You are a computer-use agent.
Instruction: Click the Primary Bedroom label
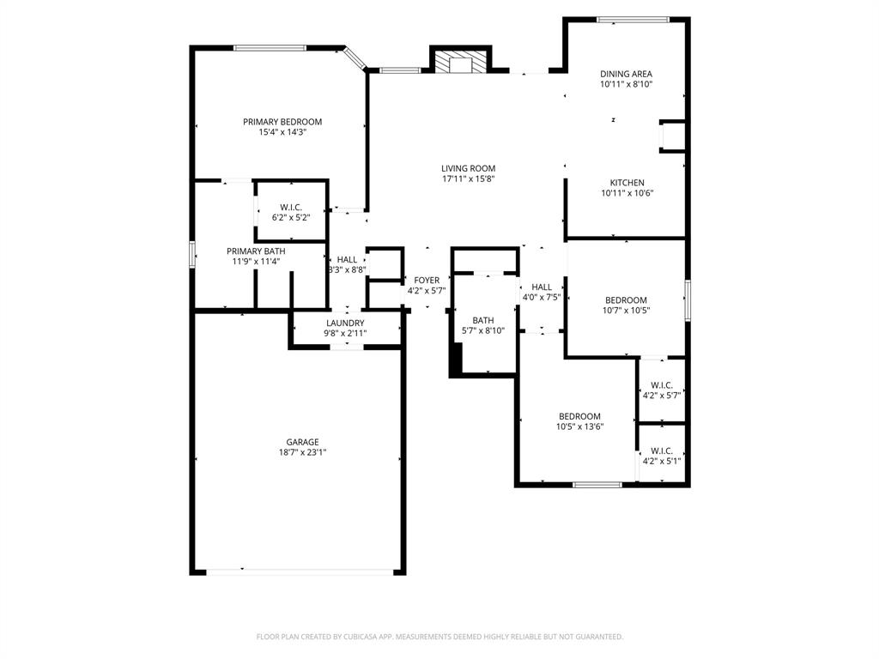coord(282,122)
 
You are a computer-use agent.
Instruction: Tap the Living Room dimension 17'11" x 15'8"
coord(469,179)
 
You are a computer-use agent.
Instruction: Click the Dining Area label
coord(626,74)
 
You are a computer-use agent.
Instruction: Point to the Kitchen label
coord(627,183)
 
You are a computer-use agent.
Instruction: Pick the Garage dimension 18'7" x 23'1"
coord(302,452)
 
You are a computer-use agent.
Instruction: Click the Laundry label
coord(344,323)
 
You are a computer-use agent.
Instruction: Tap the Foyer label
coord(427,281)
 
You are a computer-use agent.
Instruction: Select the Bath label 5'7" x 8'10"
coord(482,320)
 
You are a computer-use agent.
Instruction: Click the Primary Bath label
coord(256,251)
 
